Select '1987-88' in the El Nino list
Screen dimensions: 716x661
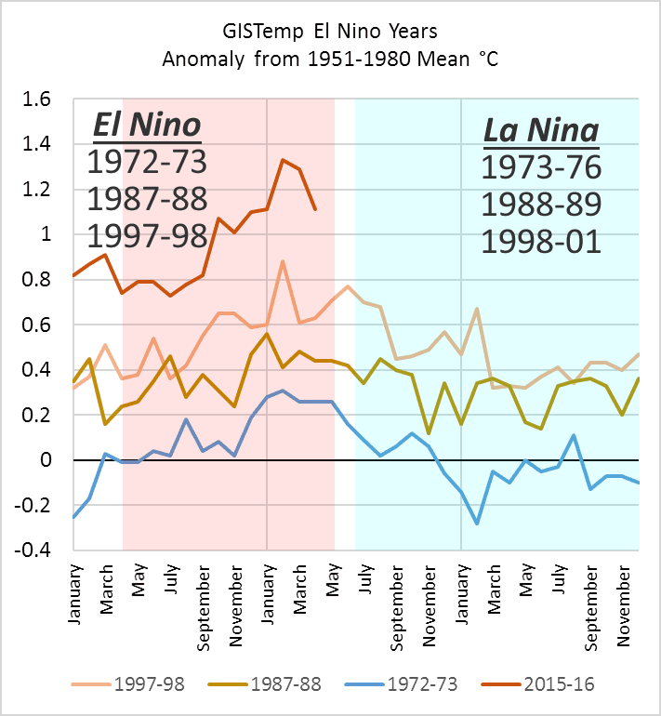[x=146, y=198]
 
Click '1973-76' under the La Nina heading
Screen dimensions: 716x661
[x=541, y=167]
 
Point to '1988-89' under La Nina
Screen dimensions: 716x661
[x=541, y=205]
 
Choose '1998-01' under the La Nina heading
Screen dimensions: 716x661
[x=541, y=241]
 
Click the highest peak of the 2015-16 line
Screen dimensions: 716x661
[x=283, y=160]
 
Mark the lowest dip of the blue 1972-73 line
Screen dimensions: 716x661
[x=478, y=524]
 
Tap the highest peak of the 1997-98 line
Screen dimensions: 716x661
[x=283, y=261]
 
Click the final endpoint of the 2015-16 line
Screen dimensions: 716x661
[x=315, y=209]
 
